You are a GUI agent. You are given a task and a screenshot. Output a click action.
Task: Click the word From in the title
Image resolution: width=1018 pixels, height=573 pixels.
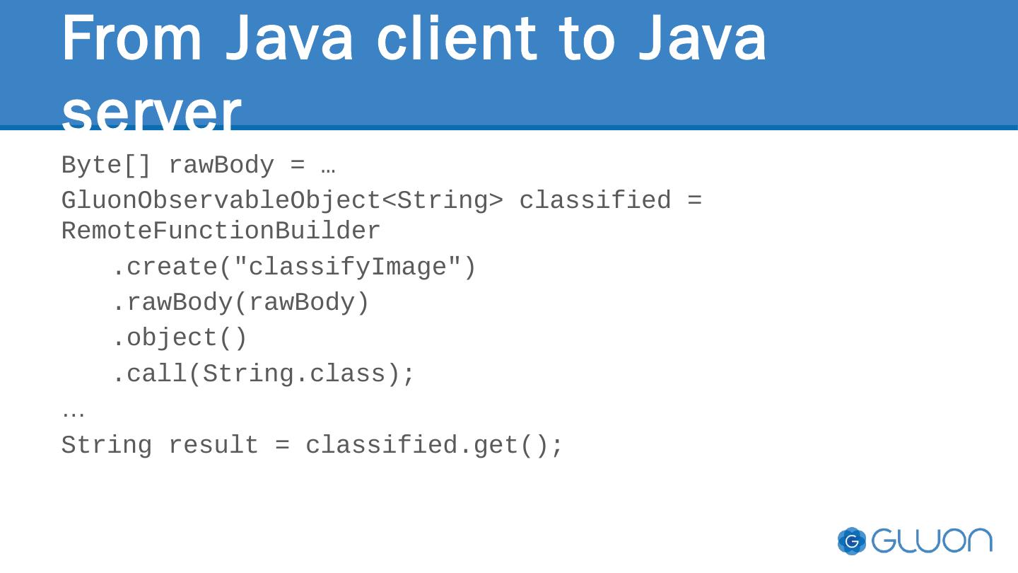click(131, 39)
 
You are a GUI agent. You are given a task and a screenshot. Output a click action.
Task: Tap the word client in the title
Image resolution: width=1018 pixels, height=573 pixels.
click(456, 39)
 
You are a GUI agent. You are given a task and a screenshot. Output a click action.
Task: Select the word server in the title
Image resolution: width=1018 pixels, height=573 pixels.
click(151, 112)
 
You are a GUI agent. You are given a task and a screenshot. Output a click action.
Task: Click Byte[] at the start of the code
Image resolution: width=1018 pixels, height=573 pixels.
click(106, 166)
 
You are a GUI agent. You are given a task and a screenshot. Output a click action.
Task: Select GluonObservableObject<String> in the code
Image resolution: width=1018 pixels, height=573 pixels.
click(282, 201)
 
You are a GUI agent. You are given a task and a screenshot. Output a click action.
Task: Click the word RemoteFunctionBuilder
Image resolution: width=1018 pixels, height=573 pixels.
click(221, 231)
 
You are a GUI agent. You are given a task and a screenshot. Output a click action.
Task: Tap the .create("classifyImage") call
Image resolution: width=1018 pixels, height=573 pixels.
click(294, 267)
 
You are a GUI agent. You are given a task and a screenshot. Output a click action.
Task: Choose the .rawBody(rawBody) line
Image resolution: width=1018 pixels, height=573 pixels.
click(240, 303)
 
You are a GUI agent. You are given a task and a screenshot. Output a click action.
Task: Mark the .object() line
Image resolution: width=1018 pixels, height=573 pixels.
click(180, 338)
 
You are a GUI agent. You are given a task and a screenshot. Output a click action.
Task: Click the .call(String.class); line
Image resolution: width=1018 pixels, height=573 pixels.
click(264, 374)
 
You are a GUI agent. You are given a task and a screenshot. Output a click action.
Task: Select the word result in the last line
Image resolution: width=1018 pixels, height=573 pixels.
click(213, 446)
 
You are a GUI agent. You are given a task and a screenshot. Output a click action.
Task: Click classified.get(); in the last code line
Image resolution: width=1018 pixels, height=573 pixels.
click(434, 446)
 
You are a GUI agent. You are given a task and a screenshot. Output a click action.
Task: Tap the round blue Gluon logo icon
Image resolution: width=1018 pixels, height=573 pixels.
click(852, 541)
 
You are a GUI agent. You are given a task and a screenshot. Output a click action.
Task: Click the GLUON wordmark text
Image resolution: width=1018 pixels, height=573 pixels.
click(932, 541)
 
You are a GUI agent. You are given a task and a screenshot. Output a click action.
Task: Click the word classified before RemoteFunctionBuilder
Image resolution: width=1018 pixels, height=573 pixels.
click(595, 201)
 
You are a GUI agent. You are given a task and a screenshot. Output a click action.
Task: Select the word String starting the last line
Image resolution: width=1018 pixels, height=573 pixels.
click(106, 446)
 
